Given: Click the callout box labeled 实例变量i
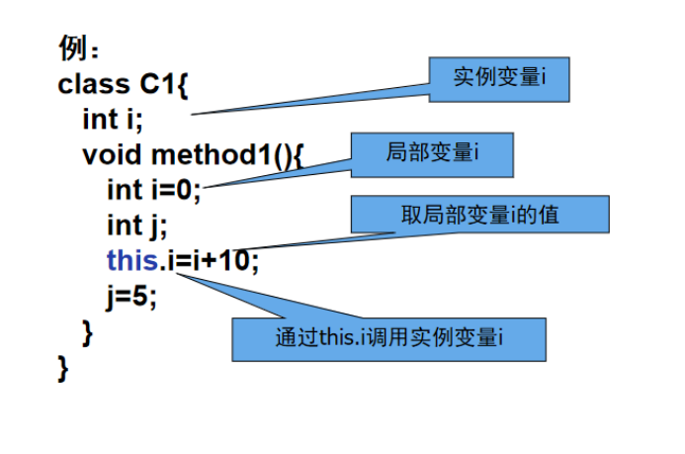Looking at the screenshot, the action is [499, 78].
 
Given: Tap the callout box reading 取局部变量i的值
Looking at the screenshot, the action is [479, 213].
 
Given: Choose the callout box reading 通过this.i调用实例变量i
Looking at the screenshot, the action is [388, 337].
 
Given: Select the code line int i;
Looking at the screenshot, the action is [112, 120].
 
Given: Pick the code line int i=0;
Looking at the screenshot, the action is [153, 189].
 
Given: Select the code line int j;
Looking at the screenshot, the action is [136, 225].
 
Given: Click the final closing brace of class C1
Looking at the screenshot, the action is [64, 368].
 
